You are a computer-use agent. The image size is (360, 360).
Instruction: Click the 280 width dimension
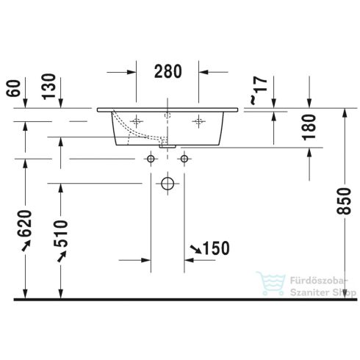click(x=168, y=71)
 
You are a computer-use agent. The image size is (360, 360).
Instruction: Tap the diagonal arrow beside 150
click(x=195, y=251)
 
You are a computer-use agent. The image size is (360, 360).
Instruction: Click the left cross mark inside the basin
click(x=137, y=119)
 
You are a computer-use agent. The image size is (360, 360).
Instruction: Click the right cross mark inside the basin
click(x=198, y=119)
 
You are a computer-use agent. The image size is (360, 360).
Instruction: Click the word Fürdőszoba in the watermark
click(x=303, y=279)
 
